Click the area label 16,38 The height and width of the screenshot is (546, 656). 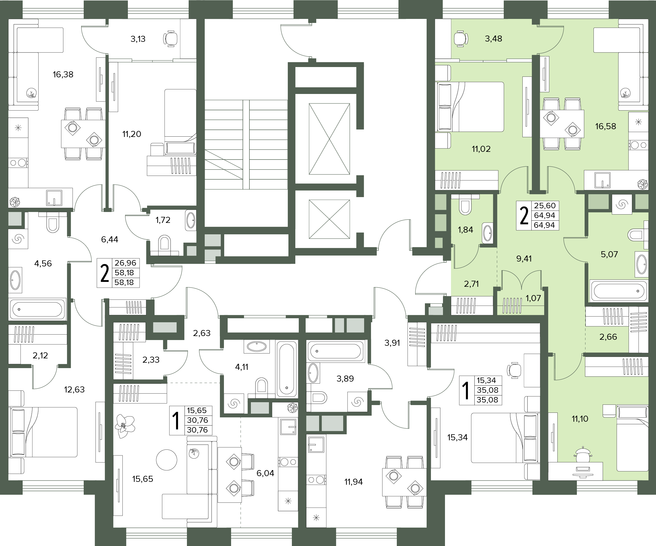63,74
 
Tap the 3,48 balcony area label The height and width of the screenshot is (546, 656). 493,39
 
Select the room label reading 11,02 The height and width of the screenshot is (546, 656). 481,149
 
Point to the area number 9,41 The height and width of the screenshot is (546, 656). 524,258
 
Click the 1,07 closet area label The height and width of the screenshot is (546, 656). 533,298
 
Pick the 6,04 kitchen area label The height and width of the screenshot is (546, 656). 265,473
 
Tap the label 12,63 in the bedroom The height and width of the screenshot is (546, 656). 74,390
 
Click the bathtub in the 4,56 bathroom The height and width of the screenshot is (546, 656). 38,309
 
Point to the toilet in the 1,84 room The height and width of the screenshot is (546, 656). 465,205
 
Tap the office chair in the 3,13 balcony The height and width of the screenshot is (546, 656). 170,39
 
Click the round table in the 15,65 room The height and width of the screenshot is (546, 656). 167,460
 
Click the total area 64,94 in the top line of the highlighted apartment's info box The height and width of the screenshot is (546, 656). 544,215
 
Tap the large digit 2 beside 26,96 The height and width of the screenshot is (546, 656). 104,273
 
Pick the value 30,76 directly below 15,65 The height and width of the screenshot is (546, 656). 198,420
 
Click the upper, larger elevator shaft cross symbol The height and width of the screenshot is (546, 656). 329,139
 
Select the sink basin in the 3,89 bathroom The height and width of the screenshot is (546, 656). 313,373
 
